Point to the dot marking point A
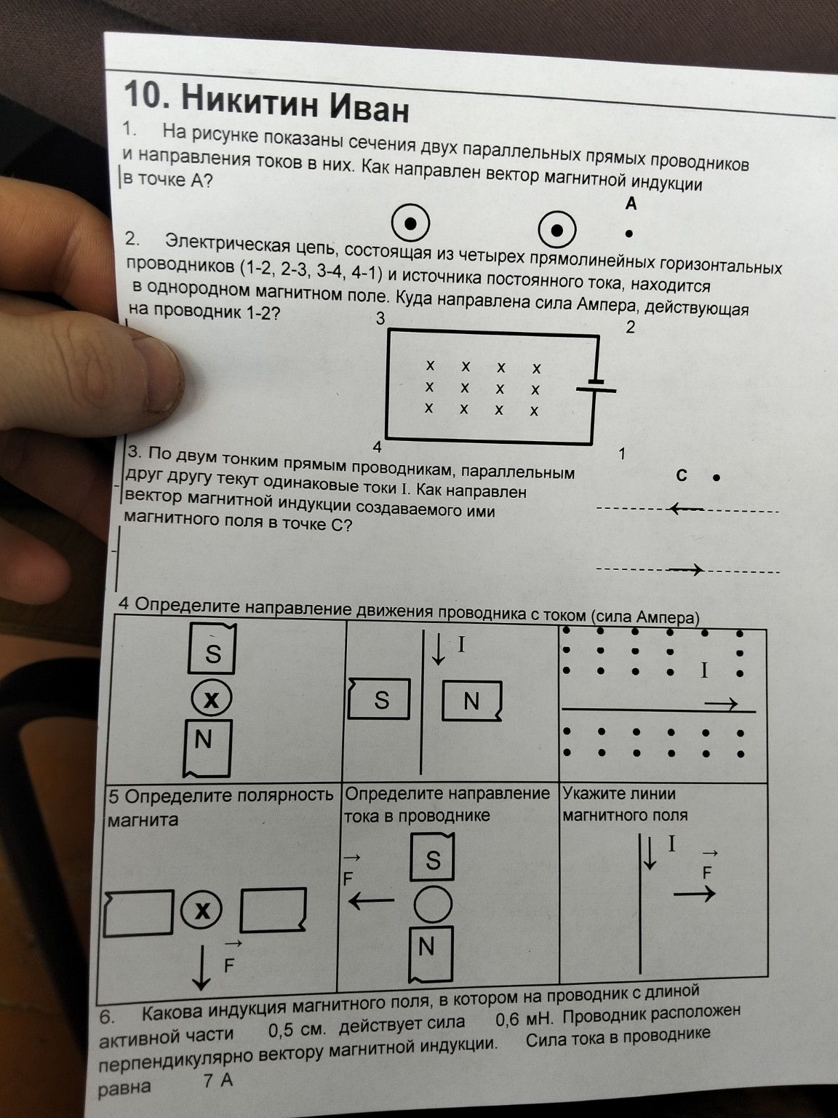pyautogui.click(x=629, y=234)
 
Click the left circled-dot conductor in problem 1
pyautogui.click(x=411, y=225)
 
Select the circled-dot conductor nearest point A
pyautogui.click(x=557, y=231)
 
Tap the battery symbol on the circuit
pyautogui.click(x=596, y=385)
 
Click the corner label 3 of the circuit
pyautogui.click(x=380, y=318)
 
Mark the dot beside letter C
pyautogui.click(x=717, y=478)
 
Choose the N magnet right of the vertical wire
pyautogui.click(x=472, y=701)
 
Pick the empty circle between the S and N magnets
pyautogui.click(x=433, y=904)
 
